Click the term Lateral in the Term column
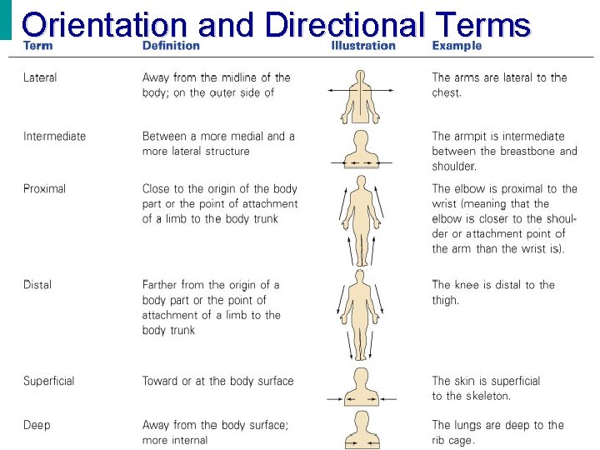(x=40, y=77)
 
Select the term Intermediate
(x=54, y=137)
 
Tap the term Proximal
(x=45, y=189)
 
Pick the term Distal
(x=37, y=285)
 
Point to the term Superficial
(x=48, y=382)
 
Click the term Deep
(x=37, y=426)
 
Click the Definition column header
(x=171, y=46)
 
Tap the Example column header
(x=457, y=46)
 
